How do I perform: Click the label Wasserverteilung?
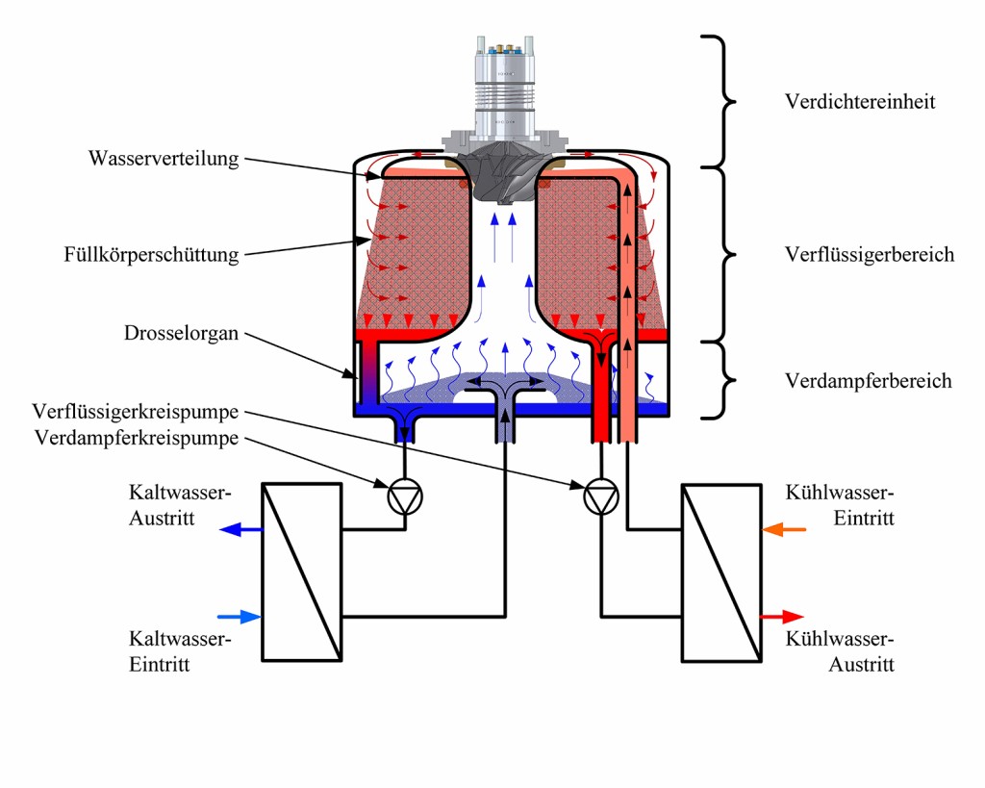(164, 159)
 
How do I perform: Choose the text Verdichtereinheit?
(860, 101)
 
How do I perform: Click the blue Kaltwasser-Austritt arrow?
(240, 529)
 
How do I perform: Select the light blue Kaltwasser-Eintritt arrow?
(240, 617)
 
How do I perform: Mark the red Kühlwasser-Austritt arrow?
(781, 617)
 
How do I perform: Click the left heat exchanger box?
(302, 572)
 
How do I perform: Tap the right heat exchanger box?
(721, 572)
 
